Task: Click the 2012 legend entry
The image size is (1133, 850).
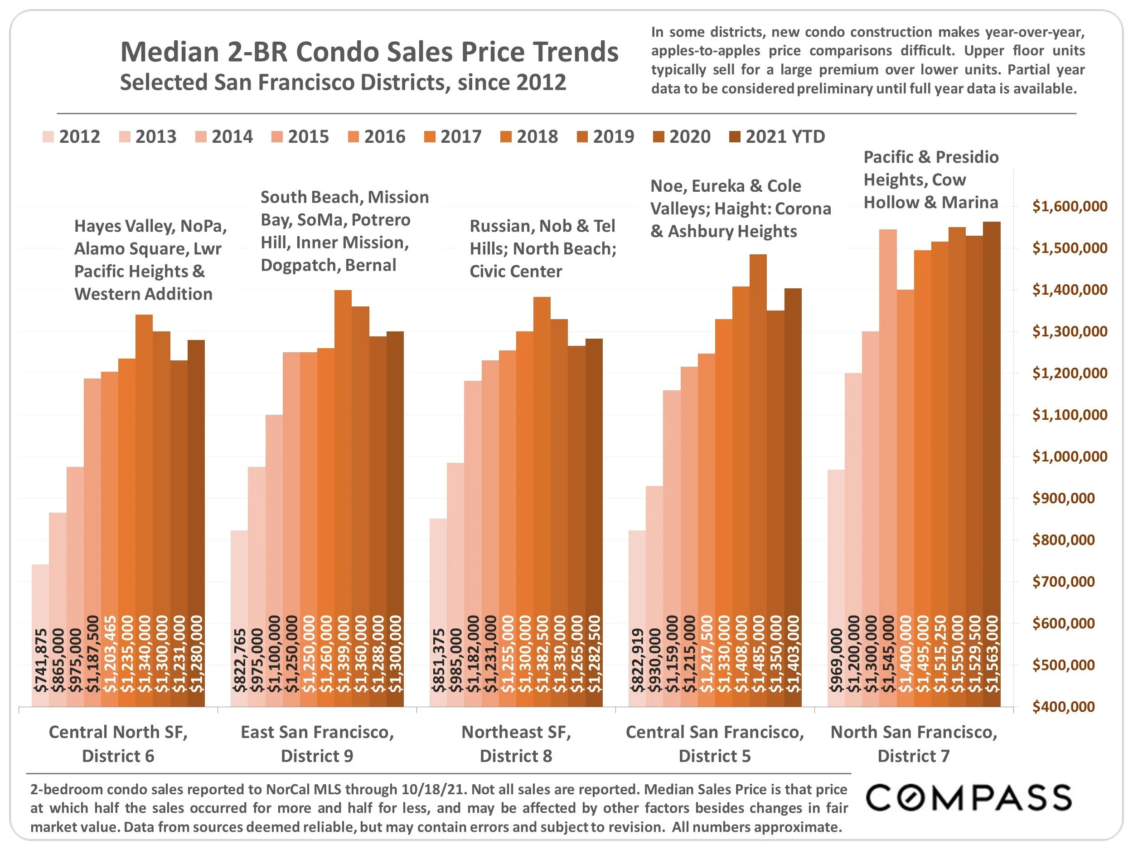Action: pos(72,137)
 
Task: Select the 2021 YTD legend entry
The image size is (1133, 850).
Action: pos(777,137)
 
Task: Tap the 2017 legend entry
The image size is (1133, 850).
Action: pos(453,137)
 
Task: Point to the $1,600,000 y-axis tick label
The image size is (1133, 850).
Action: pos(1070,206)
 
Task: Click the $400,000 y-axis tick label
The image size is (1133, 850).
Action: pos(1063,707)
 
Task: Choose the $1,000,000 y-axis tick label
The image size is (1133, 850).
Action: pos(1070,457)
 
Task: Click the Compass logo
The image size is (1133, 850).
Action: pos(968,798)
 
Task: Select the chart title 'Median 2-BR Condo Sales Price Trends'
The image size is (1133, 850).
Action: pos(369,52)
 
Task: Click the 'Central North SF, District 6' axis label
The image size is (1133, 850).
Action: pos(118,743)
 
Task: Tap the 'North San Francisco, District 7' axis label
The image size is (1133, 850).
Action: pos(914,743)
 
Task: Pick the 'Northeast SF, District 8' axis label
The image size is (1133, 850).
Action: pos(516,743)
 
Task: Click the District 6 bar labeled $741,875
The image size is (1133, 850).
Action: pos(40,635)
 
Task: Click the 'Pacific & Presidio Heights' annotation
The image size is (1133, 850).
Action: pos(931,180)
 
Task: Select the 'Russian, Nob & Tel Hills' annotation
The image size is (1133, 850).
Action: pos(542,248)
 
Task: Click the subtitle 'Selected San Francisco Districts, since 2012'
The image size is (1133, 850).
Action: pos(343,83)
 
